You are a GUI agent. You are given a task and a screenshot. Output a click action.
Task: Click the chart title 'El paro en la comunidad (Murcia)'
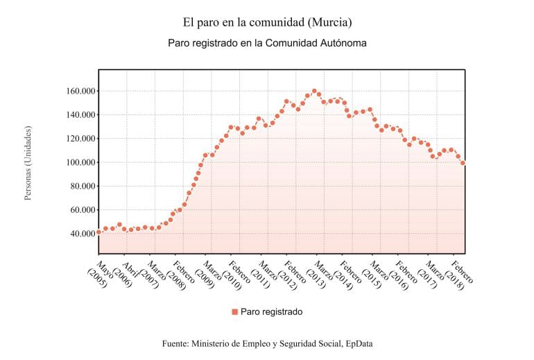click(x=267, y=23)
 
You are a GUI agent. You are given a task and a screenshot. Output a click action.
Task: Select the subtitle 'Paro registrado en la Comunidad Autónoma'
click(x=267, y=43)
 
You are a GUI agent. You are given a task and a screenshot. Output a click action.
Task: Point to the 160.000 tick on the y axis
click(x=78, y=91)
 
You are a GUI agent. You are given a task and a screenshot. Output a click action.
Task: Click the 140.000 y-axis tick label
click(x=78, y=114)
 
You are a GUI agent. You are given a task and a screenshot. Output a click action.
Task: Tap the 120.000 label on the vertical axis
click(x=78, y=139)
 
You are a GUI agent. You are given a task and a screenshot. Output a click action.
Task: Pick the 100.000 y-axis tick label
click(x=78, y=162)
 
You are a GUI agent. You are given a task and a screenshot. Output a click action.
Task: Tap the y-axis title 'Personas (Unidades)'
click(x=28, y=163)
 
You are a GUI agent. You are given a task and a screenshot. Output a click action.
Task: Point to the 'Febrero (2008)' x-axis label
click(x=180, y=275)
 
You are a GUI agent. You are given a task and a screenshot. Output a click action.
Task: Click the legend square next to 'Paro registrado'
click(x=234, y=312)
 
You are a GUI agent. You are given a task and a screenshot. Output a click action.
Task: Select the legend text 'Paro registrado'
click(x=271, y=312)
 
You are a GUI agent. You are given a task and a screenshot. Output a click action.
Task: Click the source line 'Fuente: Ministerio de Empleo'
click(x=267, y=343)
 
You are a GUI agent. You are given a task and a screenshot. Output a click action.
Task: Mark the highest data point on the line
click(x=314, y=91)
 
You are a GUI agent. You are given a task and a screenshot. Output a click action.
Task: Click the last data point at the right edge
click(x=463, y=163)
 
